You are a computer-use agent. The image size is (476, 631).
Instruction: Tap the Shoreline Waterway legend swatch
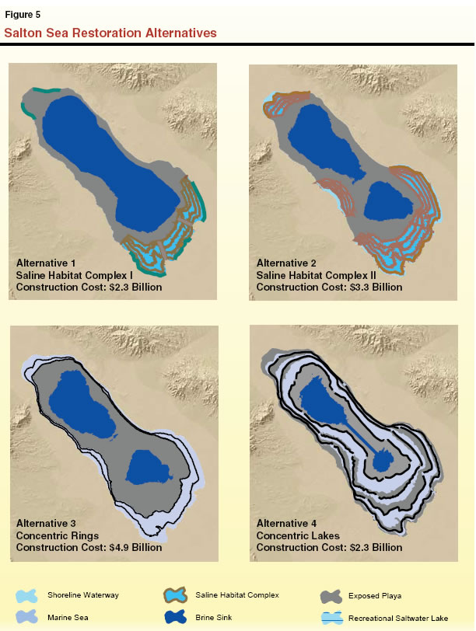coord(26,596)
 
